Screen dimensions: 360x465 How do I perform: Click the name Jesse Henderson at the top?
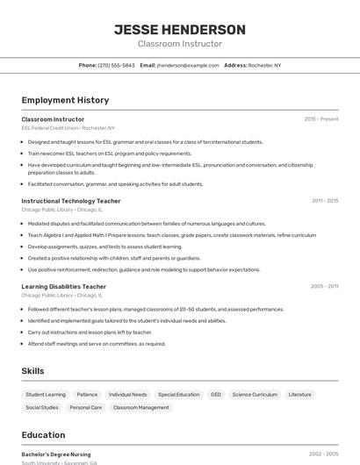[180, 30]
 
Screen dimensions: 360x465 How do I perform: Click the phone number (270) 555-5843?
[116, 65]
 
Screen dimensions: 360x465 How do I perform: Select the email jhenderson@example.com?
[188, 65]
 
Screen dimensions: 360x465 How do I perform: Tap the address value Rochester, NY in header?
[264, 65]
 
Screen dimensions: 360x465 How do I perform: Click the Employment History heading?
[65, 100]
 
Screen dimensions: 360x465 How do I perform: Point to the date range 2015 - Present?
[320, 118]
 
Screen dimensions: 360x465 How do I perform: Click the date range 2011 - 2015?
[325, 201]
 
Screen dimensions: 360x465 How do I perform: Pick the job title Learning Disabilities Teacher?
[63, 286]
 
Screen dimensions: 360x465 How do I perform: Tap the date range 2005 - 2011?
[324, 286]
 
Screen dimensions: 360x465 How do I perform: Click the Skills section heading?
[32, 371]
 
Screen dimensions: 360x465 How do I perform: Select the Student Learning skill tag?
[46, 395]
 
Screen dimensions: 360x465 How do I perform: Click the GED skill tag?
[215, 395]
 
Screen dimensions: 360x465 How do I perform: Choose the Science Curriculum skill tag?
[255, 395]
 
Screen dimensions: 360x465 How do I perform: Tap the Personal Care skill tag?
[86, 407]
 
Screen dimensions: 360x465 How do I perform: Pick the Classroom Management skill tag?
[141, 407]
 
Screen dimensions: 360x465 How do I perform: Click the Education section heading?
[43, 435]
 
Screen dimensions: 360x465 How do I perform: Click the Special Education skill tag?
[178, 395]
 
